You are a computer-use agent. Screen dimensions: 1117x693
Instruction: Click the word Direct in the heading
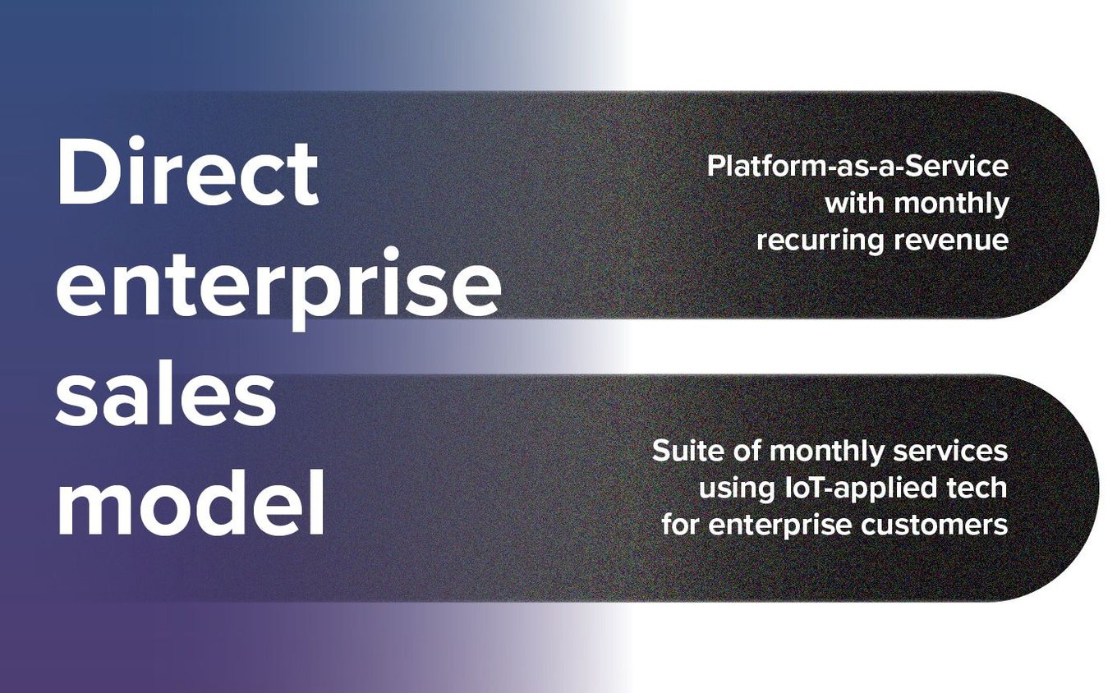coord(188,171)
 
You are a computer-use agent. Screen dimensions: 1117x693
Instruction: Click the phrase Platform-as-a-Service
coord(857,166)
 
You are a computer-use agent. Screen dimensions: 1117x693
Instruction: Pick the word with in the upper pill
coord(855,203)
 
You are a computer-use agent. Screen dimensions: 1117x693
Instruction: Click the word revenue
coord(951,241)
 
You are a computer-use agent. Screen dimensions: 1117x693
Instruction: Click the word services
coord(950,451)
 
